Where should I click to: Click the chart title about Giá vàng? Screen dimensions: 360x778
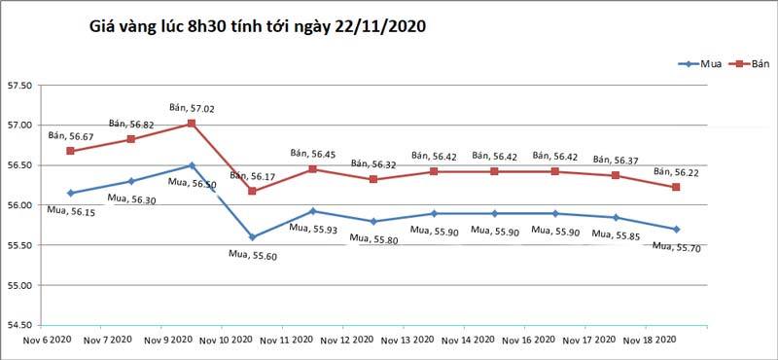pyautogui.click(x=257, y=29)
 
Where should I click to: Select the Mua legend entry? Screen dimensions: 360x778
pyautogui.click(x=710, y=64)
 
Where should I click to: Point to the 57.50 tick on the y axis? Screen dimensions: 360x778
pyautogui.click(x=19, y=86)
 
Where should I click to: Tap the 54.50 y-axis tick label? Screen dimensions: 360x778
pyautogui.click(x=19, y=325)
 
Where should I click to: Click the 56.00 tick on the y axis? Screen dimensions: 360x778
pyautogui.click(x=19, y=205)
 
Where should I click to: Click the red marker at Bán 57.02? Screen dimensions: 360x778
pyautogui.click(x=192, y=124)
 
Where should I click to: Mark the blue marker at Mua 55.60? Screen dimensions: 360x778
pyautogui.click(x=252, y=236)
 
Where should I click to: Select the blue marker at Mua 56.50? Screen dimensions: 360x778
pyautogui.click(x=192, y=165)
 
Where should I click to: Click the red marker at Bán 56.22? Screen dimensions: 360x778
pyautogui.click(x=676, y=187)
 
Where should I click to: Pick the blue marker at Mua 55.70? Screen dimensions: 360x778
pyautogui.click(x=676, y=229)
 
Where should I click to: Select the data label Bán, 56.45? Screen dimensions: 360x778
pyautogui.click(x=313, y=154)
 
